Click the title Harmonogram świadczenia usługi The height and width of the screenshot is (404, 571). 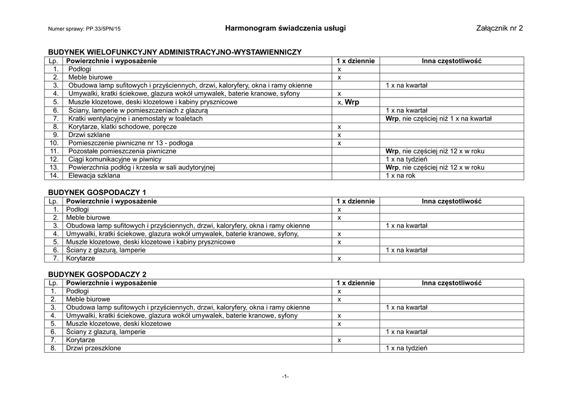tap(285, 28)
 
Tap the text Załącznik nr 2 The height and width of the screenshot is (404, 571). tap(500, 28)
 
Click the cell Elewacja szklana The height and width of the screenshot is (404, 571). tap(94, 176)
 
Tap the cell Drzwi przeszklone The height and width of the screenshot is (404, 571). tap(93, 348)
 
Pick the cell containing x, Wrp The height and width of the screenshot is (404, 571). tap(349, 102)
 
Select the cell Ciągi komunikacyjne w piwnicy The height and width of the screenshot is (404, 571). tap(115, 159)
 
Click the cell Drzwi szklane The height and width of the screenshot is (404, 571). tap(89, 135)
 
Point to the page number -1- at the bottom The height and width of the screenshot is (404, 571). tap(285, 377)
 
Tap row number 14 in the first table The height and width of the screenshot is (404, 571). tap(54, 176)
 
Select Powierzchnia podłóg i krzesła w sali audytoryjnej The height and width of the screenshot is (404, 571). tap(141, 167)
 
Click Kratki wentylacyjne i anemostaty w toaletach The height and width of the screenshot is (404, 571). tap(136, 118)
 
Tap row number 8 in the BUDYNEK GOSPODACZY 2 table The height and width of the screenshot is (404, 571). tap(54, 348)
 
